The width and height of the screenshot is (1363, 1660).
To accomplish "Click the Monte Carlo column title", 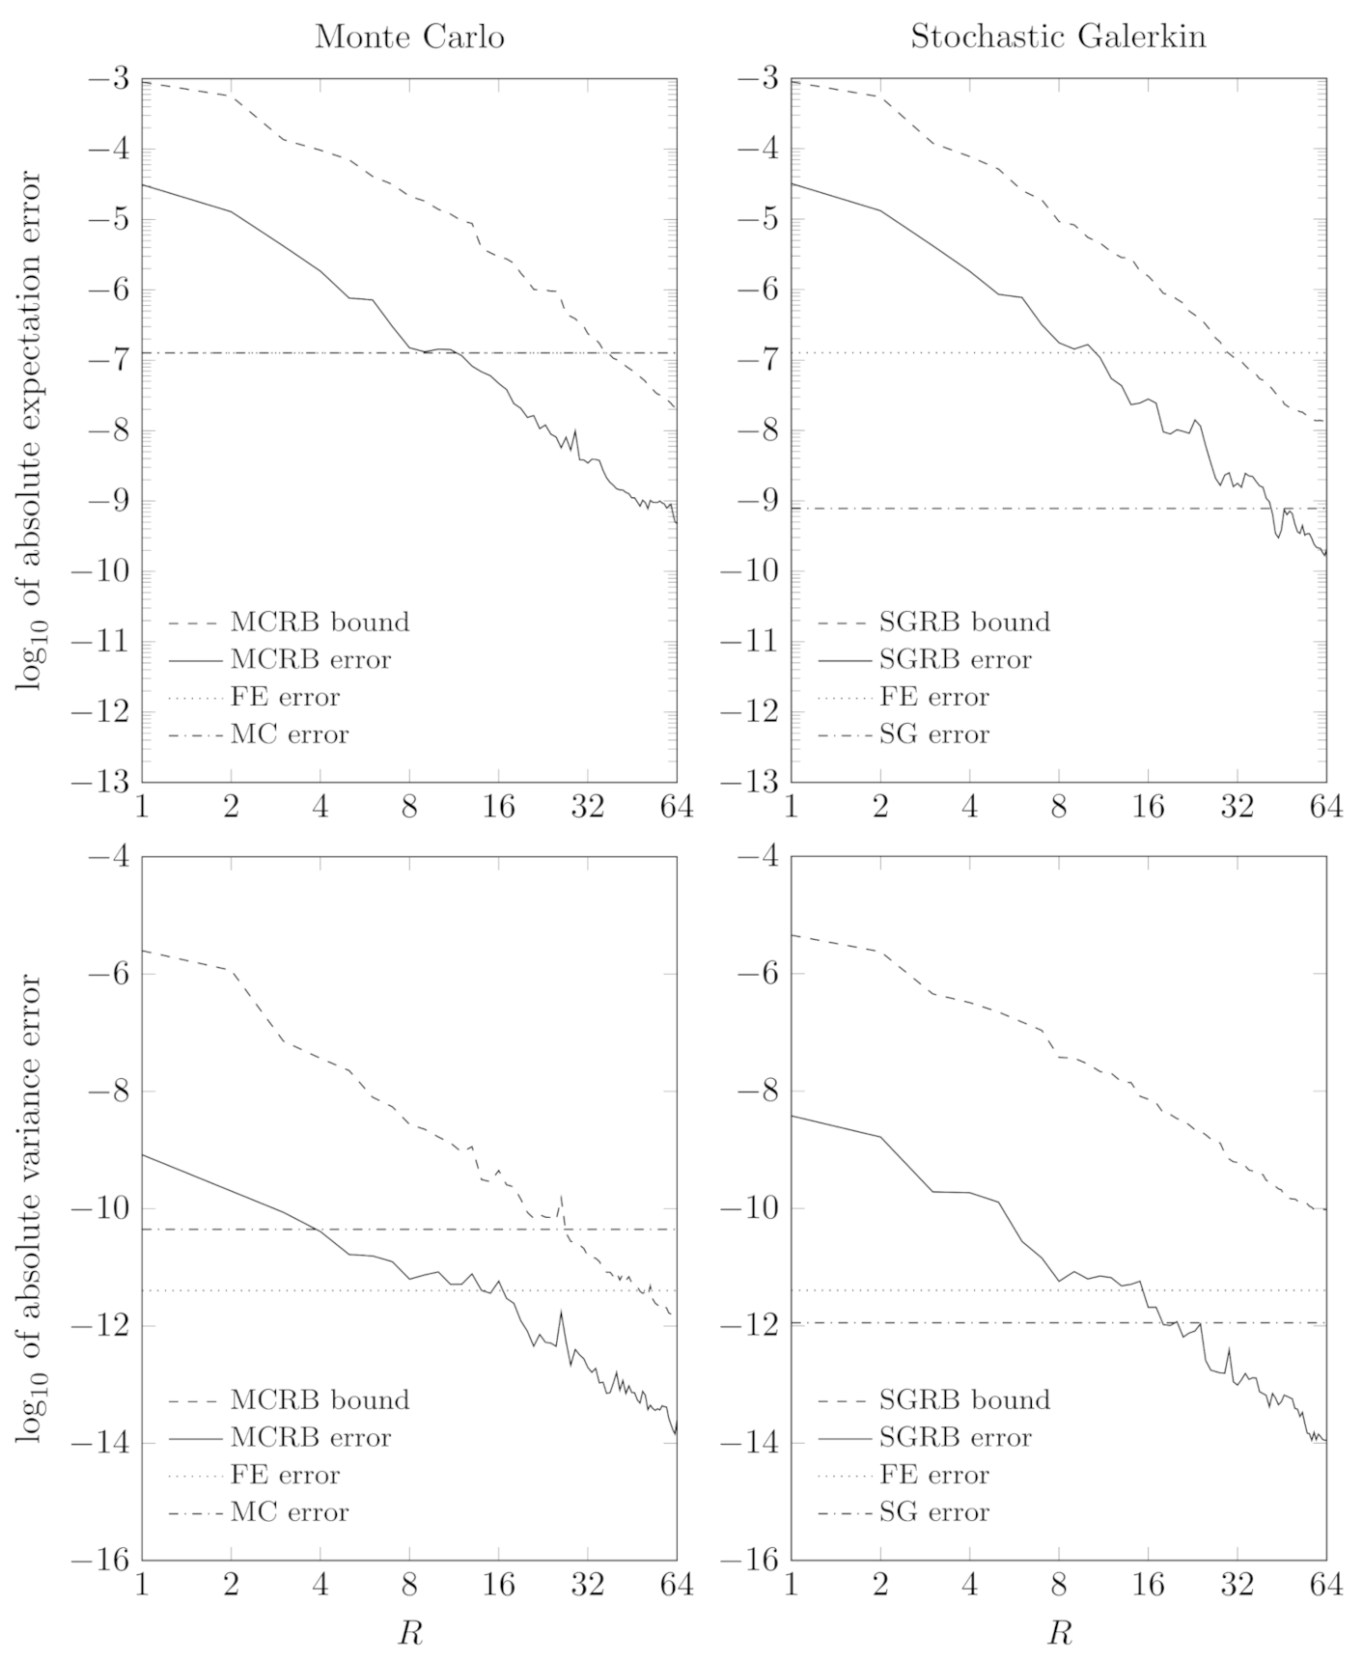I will [x=409, y=37].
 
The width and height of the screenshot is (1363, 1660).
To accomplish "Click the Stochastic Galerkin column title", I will [x=1058, y=37].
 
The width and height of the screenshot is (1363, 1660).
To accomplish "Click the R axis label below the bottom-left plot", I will [x=409, y=1634].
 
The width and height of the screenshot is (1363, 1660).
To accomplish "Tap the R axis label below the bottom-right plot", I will [x=1059, y=1634].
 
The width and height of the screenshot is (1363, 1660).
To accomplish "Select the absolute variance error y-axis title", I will [x=29, y=1208].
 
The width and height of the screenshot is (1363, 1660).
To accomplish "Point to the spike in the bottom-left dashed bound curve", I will [x=561, y=1195].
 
